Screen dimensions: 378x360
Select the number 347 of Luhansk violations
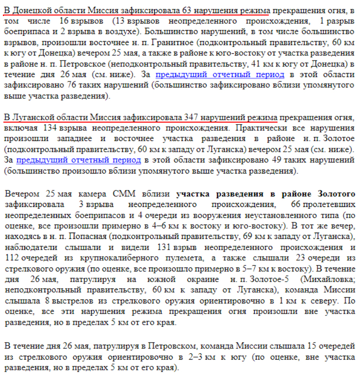coord(192,118)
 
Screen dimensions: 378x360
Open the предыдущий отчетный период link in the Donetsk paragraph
coord(220,75)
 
